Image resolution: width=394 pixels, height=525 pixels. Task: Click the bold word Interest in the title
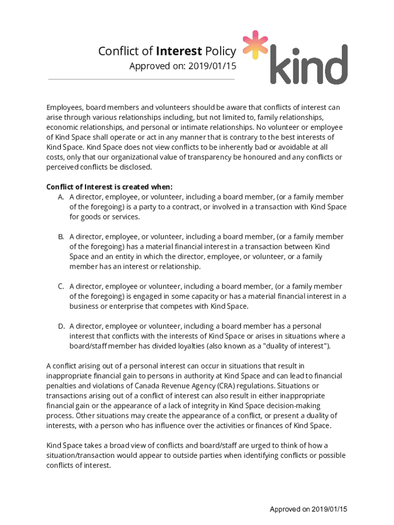tap(179, 51)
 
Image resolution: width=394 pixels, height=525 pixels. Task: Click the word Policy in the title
tap(220, 51)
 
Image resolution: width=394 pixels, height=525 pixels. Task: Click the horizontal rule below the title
tap(141, 79)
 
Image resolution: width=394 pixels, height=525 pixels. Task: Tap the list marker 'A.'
tap(60, 197)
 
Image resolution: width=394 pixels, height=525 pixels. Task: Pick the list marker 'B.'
tap(60, 237)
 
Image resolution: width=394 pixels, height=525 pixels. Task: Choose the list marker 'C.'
tap(60, 287)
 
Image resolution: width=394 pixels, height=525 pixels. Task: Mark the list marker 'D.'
tap(60, 326)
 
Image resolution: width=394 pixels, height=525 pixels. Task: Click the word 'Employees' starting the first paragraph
tap(65, 107)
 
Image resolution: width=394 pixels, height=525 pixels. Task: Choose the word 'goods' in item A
tap(91, 217)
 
